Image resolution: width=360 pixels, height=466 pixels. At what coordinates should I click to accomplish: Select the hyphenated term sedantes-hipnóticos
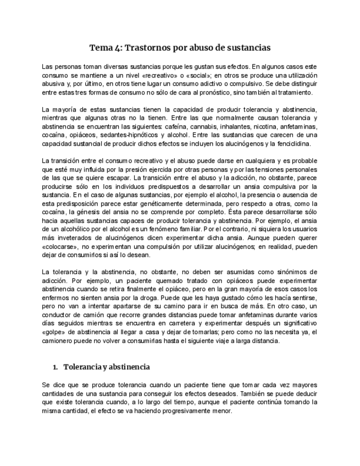(x=125, y=135)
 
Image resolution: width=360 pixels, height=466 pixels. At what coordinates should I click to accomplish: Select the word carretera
(x=191, y=324)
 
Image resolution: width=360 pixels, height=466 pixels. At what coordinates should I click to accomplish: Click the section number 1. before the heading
(x=56, y=367)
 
